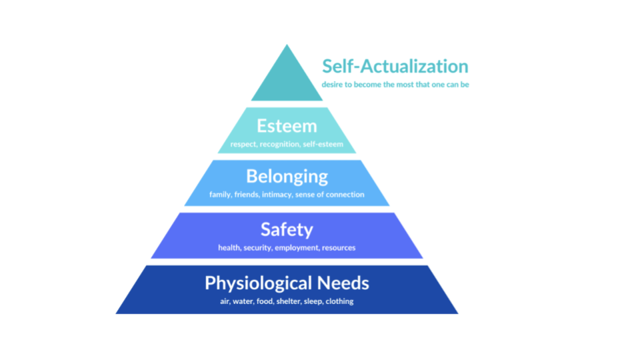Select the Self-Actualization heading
395,67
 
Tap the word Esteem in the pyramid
287,126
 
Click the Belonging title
287,177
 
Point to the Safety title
287,230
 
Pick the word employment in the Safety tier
297,248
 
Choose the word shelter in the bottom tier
287,301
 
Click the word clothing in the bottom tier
339,301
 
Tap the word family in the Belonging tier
220,195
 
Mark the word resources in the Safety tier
339,248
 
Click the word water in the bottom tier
243,301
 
